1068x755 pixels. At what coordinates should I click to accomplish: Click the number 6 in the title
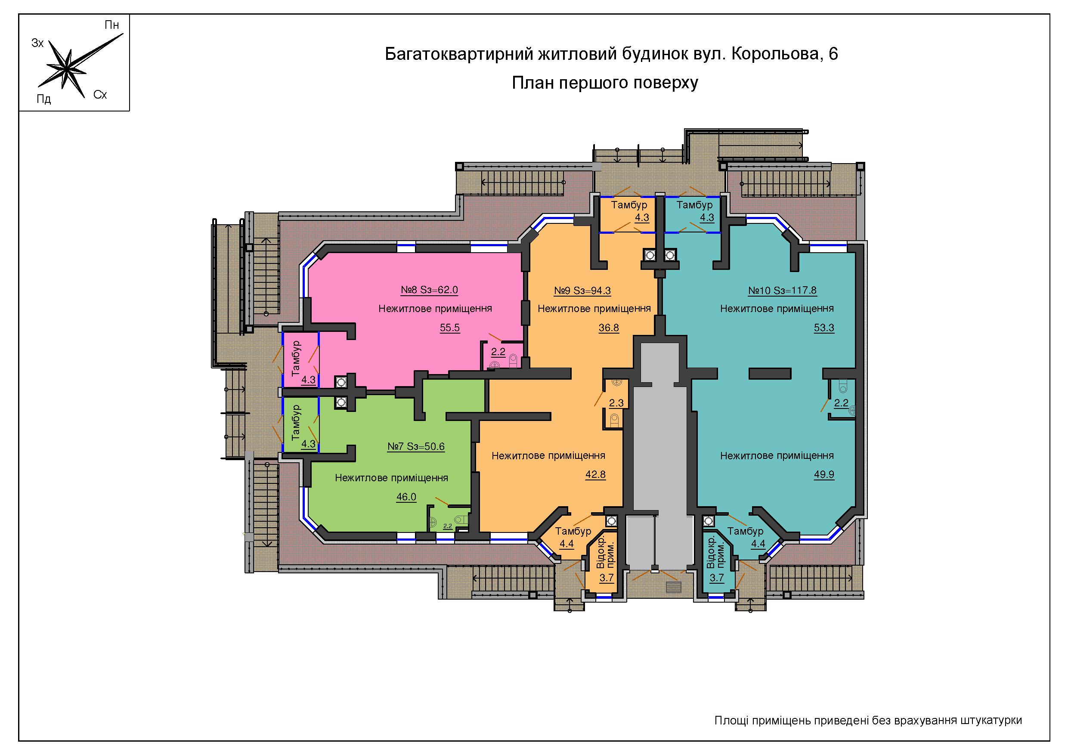833,54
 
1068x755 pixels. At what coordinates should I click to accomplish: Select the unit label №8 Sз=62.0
429,290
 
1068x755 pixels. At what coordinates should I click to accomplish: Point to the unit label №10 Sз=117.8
783,291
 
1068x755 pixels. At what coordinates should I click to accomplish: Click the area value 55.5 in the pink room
450,328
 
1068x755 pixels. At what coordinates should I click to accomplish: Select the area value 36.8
609,328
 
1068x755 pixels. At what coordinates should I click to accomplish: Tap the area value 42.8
595,475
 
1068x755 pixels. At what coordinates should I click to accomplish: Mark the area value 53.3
824,328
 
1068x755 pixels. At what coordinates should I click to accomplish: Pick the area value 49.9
824,475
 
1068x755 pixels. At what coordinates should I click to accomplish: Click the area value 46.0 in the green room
406,497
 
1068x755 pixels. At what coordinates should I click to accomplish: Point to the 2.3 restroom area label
616,403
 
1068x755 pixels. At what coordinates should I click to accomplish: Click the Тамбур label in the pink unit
296,358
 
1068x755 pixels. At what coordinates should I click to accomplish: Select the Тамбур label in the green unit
296,422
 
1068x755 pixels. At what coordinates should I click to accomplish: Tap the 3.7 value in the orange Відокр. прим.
607,578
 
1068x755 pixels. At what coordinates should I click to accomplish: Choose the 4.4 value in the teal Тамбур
758,544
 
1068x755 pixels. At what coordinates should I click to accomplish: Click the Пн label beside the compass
111,25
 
